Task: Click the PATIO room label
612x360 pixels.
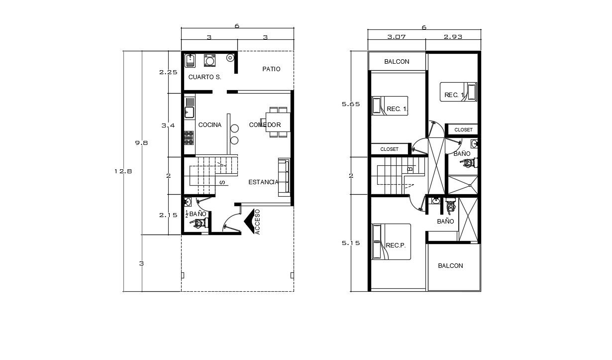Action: coord(271,69)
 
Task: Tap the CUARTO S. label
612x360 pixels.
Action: coord(204,77)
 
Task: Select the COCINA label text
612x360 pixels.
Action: coord(210,125)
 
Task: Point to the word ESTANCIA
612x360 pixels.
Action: coord(263,182)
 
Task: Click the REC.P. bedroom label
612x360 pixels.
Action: coord(396,245)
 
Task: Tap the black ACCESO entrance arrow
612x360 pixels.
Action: coord(249,222)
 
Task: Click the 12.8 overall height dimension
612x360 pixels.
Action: coord(123,171)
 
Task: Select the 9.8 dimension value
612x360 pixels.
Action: coord(141,143)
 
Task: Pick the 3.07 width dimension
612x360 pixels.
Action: coord(397,37)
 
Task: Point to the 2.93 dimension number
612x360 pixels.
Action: coord(453,37)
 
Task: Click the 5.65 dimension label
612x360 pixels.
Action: coord(351,104)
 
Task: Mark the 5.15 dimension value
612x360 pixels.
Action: coord(351,243)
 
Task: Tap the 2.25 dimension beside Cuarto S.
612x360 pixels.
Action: coord(168,72)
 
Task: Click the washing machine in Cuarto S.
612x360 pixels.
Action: coord(209,60)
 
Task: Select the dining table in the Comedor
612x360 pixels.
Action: coord(278,122)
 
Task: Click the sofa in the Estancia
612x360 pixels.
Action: coord(284,177)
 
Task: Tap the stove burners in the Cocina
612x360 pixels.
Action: coord(189,138)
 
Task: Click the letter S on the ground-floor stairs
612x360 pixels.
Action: coord(222,182)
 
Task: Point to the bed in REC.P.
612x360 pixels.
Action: coord(391,241)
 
